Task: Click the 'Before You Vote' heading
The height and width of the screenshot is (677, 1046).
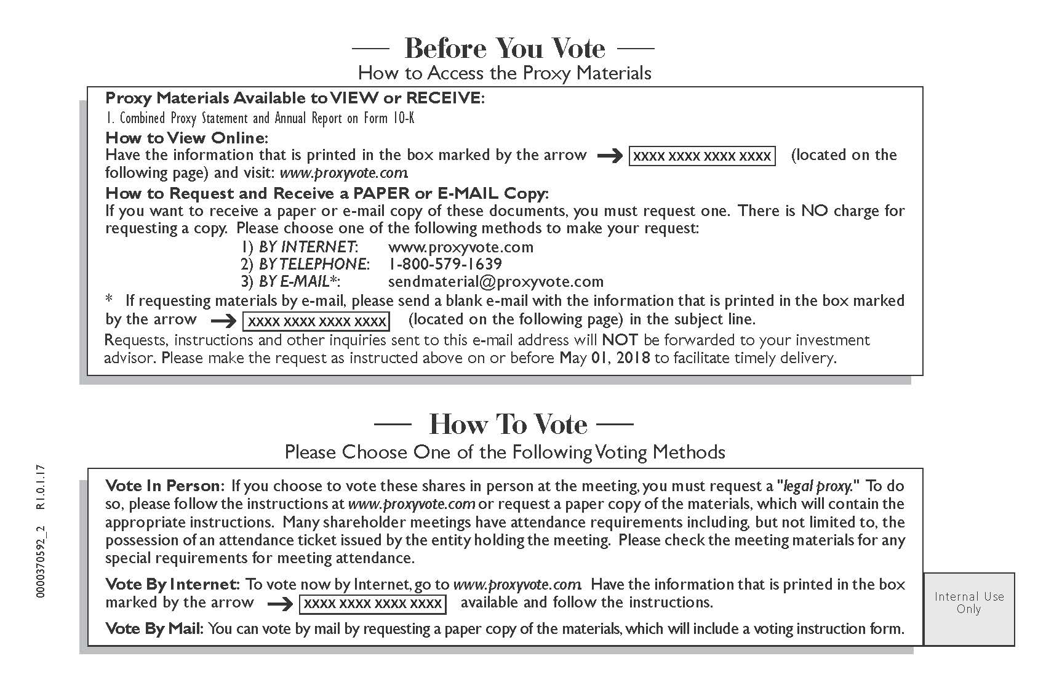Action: pyautogui.click(x=505, y=48)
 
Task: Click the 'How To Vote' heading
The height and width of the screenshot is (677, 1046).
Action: pyautogui.click(x=508, y=424)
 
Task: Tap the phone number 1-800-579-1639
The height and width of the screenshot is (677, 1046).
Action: pyautogui.click(x=445, y=264)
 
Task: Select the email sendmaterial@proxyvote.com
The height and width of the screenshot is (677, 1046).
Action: pyautogui.click(x=496, y=282)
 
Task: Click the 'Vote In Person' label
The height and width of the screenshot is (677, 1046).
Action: pyautogui.click(x=164, y=486)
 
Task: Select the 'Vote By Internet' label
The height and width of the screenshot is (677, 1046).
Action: pyautogui.click(x=172, y=584)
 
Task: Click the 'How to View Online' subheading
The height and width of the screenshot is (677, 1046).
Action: pyautogui.click(x=186, y=137)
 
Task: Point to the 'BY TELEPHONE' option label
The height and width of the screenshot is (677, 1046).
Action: pyautogui.click(x=314, y=264)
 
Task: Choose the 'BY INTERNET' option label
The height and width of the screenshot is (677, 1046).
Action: pyautogui.click(x=307, y=247)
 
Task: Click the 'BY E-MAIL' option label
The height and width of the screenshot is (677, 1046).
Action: pyautogui.click(x=299, y=282)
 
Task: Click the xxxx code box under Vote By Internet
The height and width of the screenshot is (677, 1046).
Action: pyautogui.click(x=373, y=604)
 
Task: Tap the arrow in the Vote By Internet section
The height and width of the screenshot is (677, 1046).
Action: pyautogui.click(x=280, y=604)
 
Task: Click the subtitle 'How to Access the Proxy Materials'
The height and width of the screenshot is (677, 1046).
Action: pyautogui.click(x=505, y=73)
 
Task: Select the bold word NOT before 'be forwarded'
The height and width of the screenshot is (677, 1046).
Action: pyautogui.click(x=620, y=340)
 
